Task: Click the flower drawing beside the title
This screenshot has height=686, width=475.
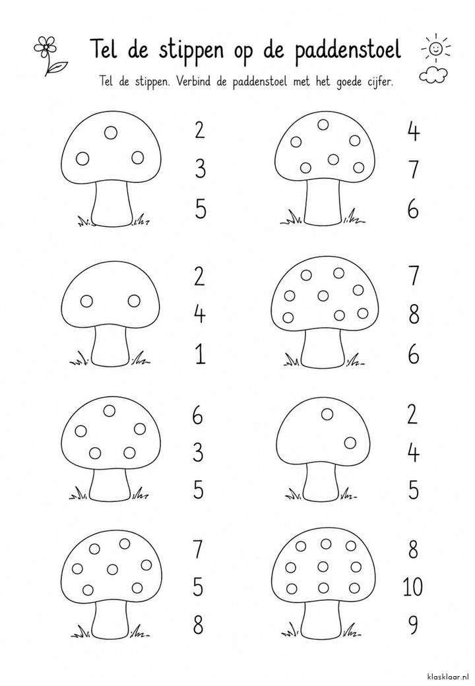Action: pyautogui.click(x=47, y=55)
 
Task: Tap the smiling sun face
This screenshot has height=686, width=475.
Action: pyautogui.click(x=435, y=48)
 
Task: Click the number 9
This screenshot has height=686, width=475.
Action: pyautogui.click(x=412, y=625)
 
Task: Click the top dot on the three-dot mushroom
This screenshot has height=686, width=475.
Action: pyautogui.click(x=111, y=131)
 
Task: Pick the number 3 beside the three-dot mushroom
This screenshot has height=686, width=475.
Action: pyautogui.click(x=200, y=170)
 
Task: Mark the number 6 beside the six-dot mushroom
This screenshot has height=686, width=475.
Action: pyautogui.click(x=413, y=209)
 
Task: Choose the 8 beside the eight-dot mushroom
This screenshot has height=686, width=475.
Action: pyautogui.click(x=414, y=314)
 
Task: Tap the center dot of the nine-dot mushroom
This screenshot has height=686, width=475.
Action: pyautogui.click(x=324, y=566)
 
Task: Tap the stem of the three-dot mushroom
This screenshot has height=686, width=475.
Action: pyautogui.click(x=112, y=203)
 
